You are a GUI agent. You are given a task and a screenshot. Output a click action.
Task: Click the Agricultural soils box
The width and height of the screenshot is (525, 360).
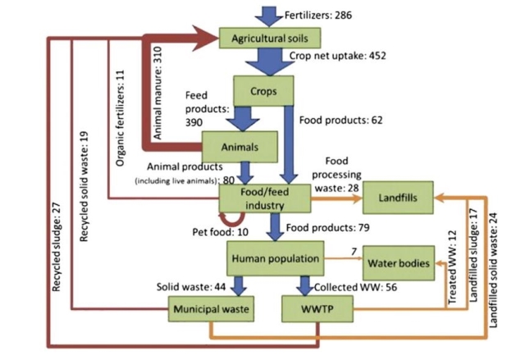tap(270, 38)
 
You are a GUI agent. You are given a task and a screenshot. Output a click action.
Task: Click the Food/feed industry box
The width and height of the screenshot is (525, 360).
tap(264, 198)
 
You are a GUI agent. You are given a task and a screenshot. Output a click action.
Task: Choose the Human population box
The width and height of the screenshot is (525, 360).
tap(274, 259)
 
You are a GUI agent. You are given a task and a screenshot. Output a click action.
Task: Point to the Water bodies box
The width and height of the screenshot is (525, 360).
tap(397, 263)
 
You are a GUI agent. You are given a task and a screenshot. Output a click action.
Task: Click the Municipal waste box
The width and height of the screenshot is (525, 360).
tap(210, 309)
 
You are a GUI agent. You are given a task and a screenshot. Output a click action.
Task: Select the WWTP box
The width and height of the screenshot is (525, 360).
tap(316, 309)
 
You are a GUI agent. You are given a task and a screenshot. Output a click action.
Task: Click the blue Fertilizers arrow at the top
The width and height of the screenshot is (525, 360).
tap(268, 13)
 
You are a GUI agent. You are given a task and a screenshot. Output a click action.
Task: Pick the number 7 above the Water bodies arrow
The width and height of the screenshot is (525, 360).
tap(353, 249)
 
